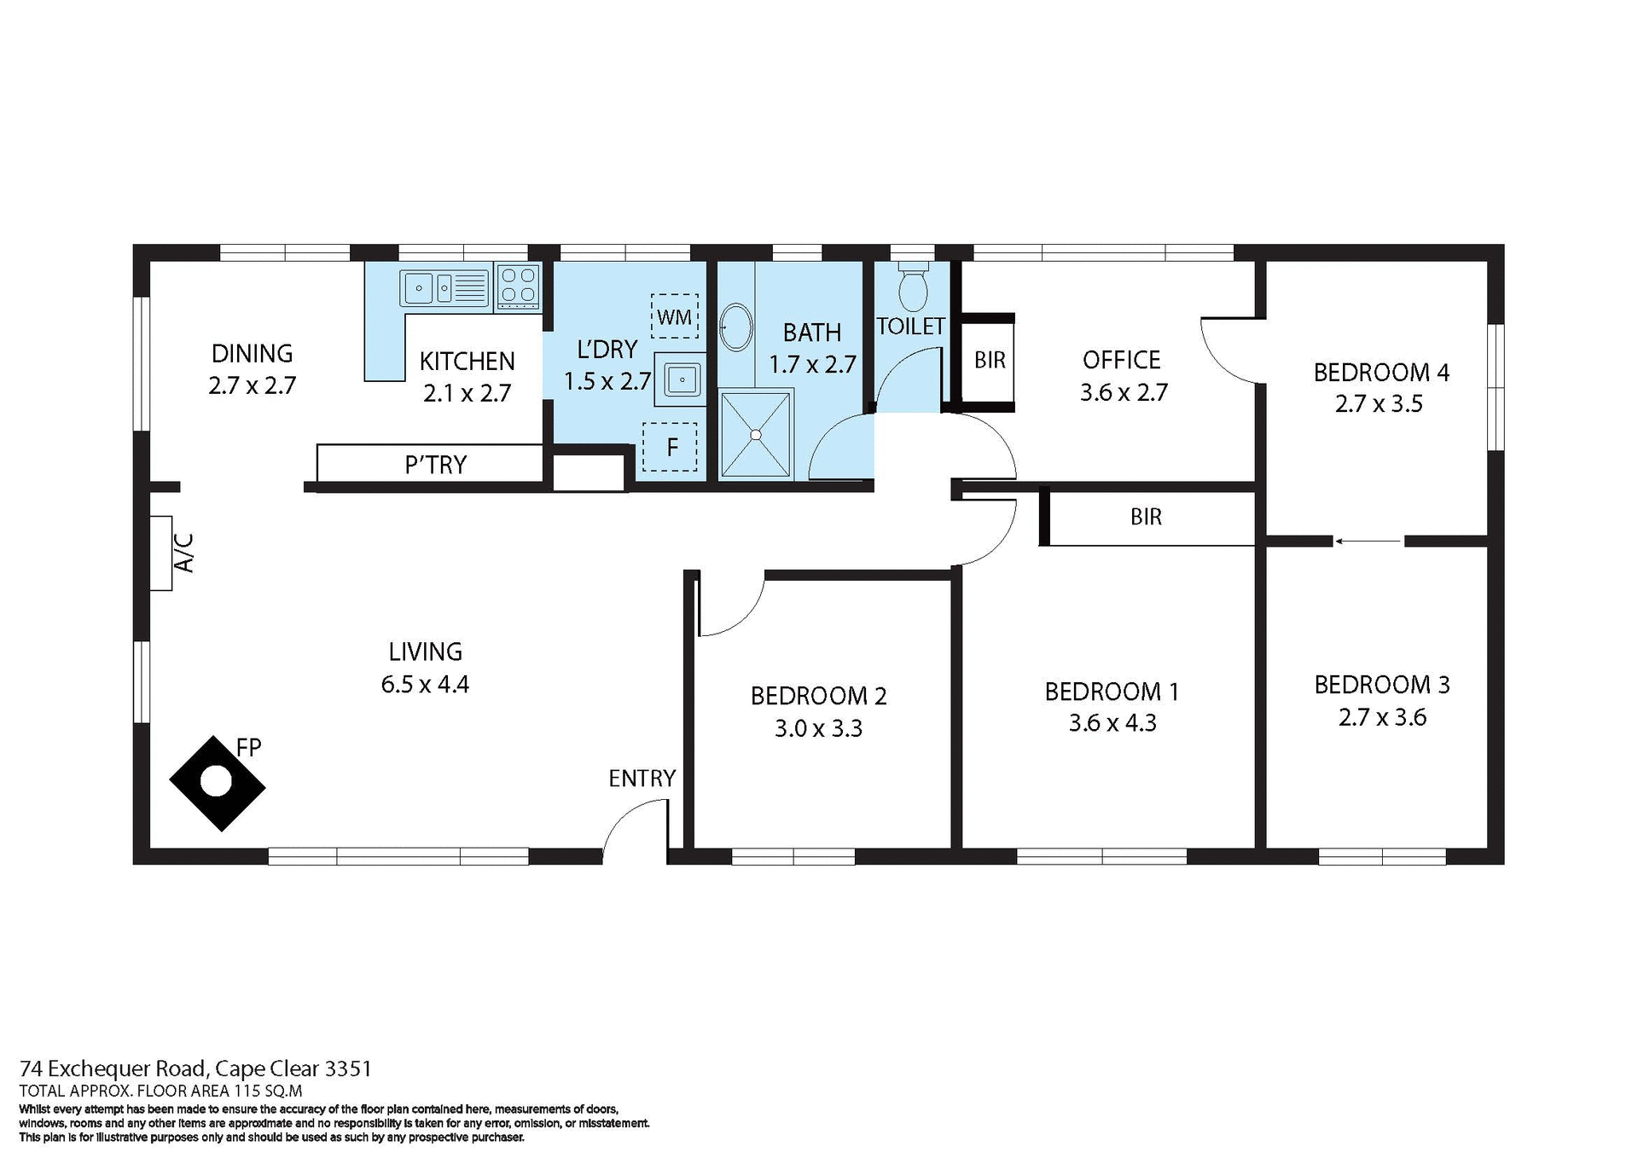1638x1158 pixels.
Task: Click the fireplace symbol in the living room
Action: coord(217,782)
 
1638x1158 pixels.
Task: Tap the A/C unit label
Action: coord(184,553)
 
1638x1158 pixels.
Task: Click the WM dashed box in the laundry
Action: coord(674,316)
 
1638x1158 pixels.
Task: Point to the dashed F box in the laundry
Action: coord(670,447)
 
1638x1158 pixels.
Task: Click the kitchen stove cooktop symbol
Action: coord(518,286)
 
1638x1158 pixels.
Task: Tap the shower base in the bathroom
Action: coord(755,434)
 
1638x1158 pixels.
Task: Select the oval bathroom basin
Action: coord(735,327)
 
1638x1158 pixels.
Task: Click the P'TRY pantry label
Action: coord(435,465)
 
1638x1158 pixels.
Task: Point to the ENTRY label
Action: coord(642,778)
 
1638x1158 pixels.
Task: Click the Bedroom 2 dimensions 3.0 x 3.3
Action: coord(818,729)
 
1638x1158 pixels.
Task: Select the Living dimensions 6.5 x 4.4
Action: coord(425,684)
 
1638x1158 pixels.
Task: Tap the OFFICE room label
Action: coord(1121,360)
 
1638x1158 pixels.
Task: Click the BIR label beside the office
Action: coord(990,360)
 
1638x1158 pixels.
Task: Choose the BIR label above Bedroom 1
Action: coord(1146,517)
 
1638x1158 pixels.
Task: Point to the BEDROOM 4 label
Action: coord(1380,373)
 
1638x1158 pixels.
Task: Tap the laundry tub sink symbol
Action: coord(681,379)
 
